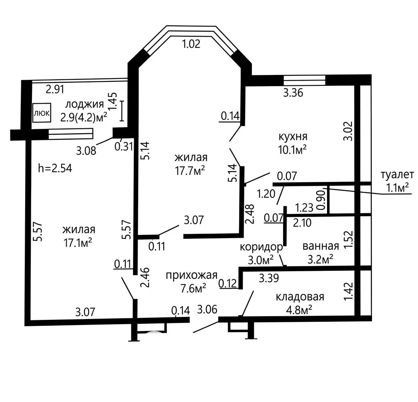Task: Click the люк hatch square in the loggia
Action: point(42,113)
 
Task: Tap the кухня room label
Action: point(293,136)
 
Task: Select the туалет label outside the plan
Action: point(397,175)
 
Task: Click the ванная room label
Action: point(321,246)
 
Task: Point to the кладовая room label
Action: point(300,297)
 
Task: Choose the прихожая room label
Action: point(191,275)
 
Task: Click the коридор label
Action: point(261,247)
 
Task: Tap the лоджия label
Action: point(85,104)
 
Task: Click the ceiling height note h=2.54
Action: point(55,169)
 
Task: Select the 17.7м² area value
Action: point(190,171)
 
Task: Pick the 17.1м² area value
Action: point(77,243)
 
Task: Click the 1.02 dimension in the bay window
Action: point(191,44)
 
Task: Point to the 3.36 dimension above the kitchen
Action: point(293,93)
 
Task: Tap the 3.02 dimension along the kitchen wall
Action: point(349,131)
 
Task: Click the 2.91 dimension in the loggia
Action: point(55,89)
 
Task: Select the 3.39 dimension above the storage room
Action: point(269,278)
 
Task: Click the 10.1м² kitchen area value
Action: point(292,150)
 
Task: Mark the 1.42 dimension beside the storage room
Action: point(349,292)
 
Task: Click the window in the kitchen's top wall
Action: point(305,81)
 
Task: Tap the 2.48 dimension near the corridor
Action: point(251,214)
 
